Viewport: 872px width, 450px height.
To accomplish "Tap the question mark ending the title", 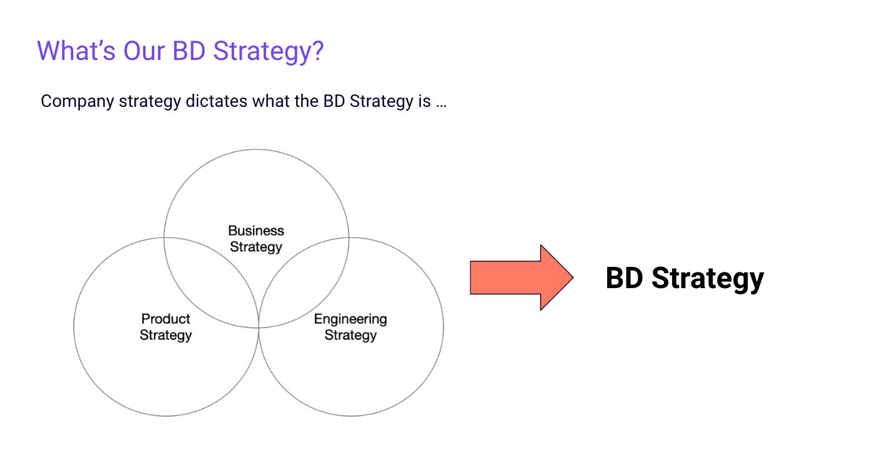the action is pyautogui.click(x=317, y=51).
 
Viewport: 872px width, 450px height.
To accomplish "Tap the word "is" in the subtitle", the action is pyautogui.click(x=424, y=101).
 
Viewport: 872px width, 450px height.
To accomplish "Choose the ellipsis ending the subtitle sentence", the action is pyautogui.click(x=441, y=102).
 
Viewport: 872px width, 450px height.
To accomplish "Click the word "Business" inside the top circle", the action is pyautogui.click(x=256, y=231).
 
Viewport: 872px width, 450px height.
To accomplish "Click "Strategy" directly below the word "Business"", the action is pyautogui.click(x=256, y=247).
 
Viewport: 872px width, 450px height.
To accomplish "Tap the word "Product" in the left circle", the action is pyautogui.click(x=166, y=319).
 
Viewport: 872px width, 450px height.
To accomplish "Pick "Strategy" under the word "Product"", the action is pyautogui.click(x=166, y=335).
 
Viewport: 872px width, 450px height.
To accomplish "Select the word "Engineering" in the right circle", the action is pyautogui.click(x=350, y=319).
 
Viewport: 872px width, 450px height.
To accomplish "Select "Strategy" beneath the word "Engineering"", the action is pyautogui.click(x=350, y=335).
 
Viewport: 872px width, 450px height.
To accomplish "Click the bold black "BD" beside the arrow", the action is pyautogui.click(x=624, y=279).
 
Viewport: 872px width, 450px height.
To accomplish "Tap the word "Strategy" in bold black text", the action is pyautogui.click(x=707, y=279).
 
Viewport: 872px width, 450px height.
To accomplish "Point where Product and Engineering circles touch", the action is pyautogui.click(x=259, y=326).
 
